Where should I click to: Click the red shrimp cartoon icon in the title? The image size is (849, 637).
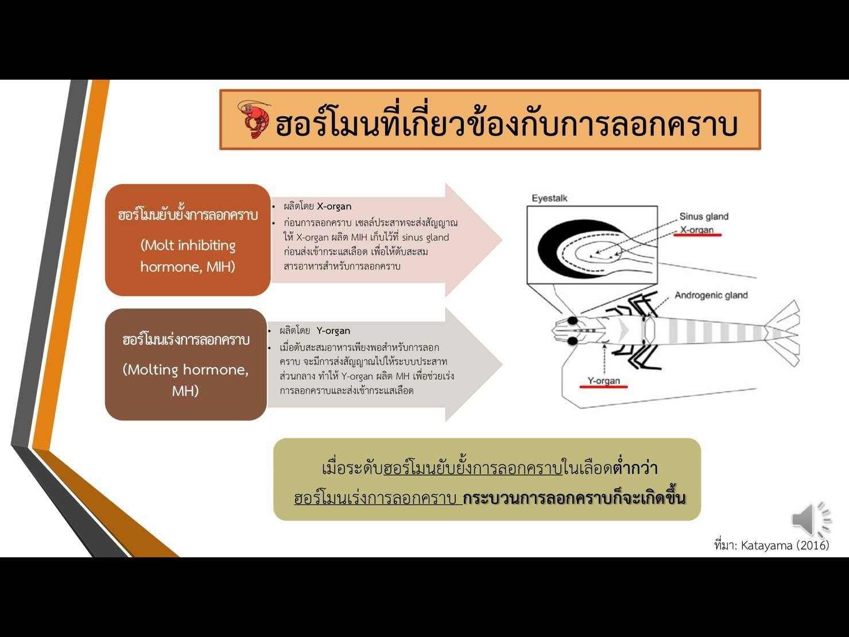(254, 119)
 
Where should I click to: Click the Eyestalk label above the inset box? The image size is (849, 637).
(549, 199)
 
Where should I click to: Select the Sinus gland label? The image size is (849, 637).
(704, 217)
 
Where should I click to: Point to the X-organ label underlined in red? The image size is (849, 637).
(697, 230)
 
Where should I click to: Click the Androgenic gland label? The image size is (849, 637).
(711, 295)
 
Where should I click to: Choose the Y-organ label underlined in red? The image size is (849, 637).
(603, 381)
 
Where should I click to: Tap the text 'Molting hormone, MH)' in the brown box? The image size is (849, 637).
(185, 380)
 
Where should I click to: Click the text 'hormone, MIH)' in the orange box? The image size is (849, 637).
(188, 267)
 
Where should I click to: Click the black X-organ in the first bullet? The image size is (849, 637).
(334, 207)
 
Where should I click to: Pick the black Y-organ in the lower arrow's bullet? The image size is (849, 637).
(334, 331)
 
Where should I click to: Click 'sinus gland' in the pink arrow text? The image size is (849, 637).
(425, 237)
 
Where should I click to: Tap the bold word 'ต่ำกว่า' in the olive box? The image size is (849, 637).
(635, 468)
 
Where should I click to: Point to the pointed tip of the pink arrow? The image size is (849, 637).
(502, 240)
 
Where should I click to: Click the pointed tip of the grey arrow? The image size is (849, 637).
(502, 364)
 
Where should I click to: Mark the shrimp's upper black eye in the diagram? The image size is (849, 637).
(572, 321)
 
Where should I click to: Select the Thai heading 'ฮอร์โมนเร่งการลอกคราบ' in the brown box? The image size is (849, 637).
(186, 339)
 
